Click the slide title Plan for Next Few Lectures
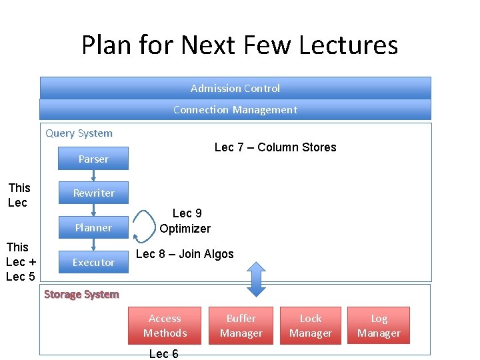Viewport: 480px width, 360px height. [x=239, y=45]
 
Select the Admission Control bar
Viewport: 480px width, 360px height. [x=235, y=88]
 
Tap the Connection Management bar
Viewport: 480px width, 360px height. [x=235, y=109]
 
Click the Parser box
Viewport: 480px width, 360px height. [x=93, y=159]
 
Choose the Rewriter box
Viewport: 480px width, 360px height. [x=93, y=193]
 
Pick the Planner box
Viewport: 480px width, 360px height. [x=93, y=227]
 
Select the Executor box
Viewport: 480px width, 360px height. [x=93, y=262]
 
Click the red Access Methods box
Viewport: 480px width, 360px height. [x=165, y=325]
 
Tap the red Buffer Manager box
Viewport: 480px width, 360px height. [x=241, y=325]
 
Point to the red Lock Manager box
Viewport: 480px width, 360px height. [x=310, y=325]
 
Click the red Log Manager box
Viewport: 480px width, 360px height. [x=379, y=325]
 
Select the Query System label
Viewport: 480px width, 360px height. [x=79, y=133]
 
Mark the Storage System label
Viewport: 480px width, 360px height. [x=81, y=294]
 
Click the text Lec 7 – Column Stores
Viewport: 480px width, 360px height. [x=275, y=147]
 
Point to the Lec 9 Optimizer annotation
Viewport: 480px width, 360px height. [x=185, y=221]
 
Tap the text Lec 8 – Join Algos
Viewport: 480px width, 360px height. [x=185, y=254]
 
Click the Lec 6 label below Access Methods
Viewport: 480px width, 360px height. [x=163, y=353]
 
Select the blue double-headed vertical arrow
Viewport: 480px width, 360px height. [x=257, y=279]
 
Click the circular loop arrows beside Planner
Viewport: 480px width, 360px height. [x=143, y=227]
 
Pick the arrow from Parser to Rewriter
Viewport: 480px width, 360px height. [x=94, y=175]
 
